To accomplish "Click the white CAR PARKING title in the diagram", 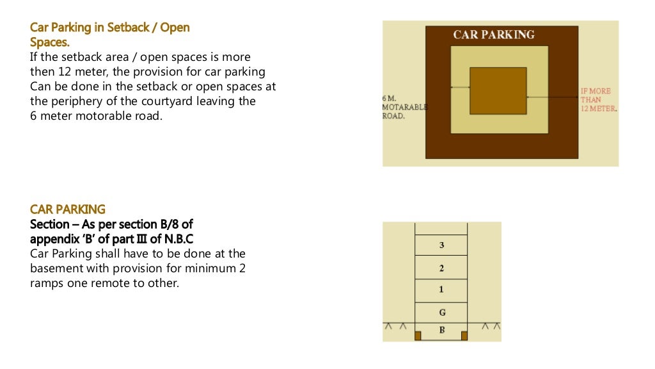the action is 494,35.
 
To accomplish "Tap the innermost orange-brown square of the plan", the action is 498,91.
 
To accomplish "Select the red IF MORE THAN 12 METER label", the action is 599,99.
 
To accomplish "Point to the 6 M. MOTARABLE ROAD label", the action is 404,107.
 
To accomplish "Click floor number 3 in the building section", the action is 441,245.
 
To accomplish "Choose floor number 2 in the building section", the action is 441,268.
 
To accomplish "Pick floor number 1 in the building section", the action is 441,290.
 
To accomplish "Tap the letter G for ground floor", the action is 443,312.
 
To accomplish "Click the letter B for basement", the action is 442,330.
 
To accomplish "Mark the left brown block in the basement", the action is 418,336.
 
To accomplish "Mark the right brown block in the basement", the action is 464,336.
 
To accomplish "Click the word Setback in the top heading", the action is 128,28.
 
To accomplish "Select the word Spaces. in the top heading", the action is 50,42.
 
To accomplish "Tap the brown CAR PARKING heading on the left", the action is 68,209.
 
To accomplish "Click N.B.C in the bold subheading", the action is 179,239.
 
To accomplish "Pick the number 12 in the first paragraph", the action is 65,72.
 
